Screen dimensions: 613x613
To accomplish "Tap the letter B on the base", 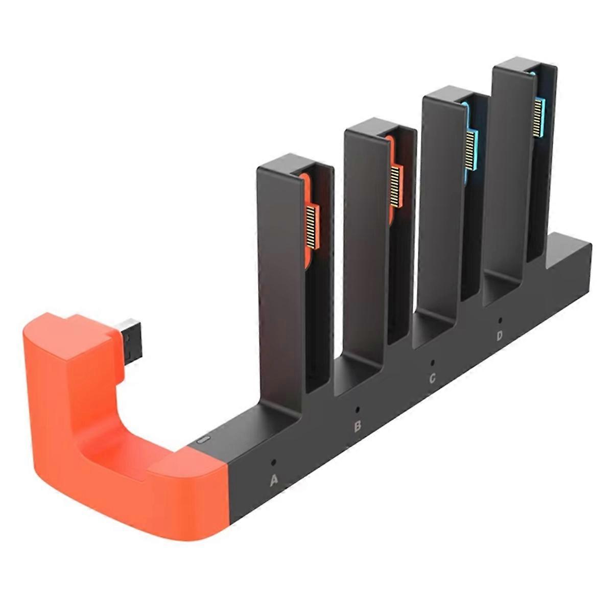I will pos(358,426).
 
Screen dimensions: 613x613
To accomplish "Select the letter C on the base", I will pos(432,379).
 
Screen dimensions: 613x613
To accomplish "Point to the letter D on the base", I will pos(500,336).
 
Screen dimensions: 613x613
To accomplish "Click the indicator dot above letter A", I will pos(274,462).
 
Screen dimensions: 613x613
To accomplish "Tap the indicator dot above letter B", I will pos(357,409).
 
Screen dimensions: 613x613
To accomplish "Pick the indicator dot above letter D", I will pos(500,320).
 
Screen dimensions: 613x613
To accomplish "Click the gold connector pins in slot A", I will pos(312,227).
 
